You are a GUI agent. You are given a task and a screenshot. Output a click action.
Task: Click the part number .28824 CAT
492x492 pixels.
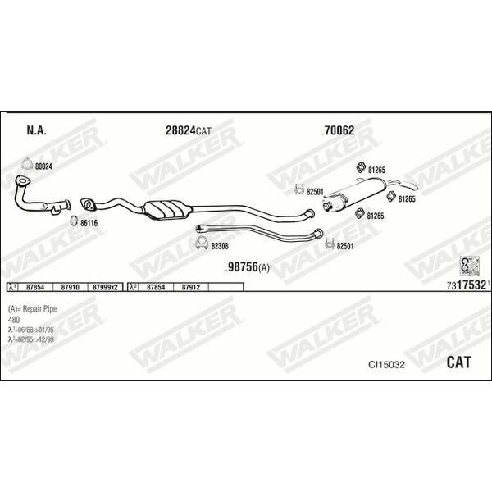pyautogui.click(x=187, y=130)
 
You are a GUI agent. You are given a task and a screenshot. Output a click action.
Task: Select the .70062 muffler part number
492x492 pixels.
pyautogui.click(x=338, y=130)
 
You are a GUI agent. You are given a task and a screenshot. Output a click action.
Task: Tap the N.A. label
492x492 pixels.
pyautogui.click(x=36, y=130)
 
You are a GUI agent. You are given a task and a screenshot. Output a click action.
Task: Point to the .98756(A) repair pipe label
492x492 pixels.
pyautogui.click(x=248, y=267)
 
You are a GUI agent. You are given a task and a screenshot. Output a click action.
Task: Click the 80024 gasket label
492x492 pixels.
pyautogui.click(x=43, y=166)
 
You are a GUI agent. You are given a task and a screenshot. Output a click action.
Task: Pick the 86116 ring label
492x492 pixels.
pyautogui.click(x=89, y=223)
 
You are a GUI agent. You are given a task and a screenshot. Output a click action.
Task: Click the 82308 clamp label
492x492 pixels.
pyautogui.click(x=220, y=246)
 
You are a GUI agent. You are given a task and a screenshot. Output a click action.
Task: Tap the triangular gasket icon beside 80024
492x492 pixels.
pyautogui.click(x=27, y=164)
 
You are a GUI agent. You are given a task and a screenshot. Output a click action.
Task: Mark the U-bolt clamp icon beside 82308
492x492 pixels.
pyautogui.click(x=202, y=242)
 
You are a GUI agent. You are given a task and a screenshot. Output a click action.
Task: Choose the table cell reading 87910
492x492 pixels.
pyautogui.click(x=70, y=287)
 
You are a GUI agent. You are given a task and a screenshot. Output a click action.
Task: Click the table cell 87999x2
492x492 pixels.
pyautogui.click(x=106, y=287)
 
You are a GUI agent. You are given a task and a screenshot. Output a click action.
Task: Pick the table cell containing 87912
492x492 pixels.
pyautogui.click(x=191, y=287)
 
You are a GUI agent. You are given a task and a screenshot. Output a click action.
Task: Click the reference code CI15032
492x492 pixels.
pyautogui.click(x=386, y=365)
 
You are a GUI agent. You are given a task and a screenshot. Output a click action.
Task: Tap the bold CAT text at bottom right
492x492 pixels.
pyautogui.click(x=458, y=362)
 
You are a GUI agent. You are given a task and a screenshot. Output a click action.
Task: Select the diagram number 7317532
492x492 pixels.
pyautogui.click(x=467, y=285)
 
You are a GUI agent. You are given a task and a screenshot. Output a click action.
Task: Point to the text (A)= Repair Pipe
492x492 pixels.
pyautogui.click(x=32, y=309)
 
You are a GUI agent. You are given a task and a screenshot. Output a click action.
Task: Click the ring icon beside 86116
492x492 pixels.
pyautogui.click(x=74, y=221)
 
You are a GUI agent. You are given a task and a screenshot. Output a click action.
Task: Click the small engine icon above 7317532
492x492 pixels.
pyautogui.click(x=470, y=266)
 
